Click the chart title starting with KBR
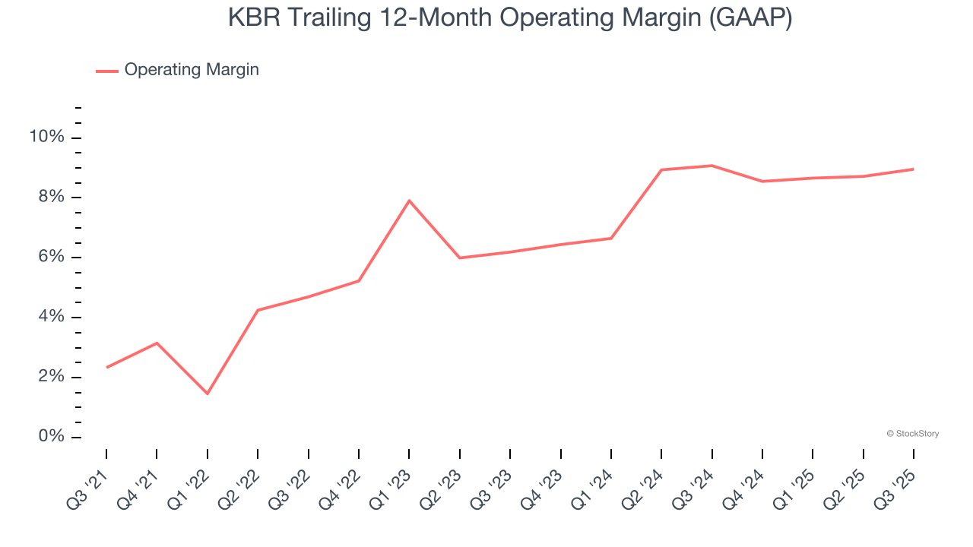510,18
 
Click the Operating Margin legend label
192,70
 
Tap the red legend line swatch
107,71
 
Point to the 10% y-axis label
46,138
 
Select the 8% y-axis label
50,198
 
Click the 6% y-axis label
50,258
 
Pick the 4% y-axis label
50,318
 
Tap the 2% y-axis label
50,378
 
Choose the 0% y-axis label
50,437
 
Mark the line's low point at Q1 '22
207,394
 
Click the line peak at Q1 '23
409,201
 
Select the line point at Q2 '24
661,169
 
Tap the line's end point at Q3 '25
913,169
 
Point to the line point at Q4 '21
157,343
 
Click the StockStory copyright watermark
912,434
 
